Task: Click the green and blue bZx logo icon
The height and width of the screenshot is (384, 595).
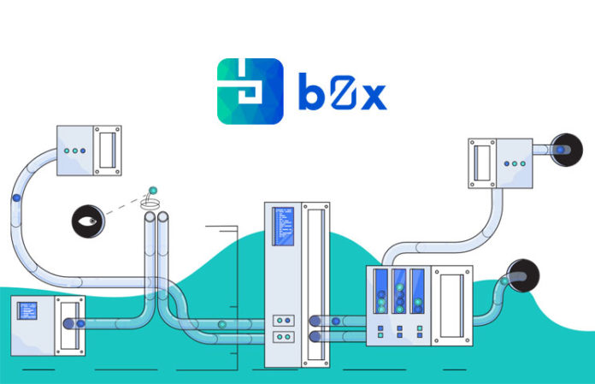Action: pyautogui.click(x=250, y=91)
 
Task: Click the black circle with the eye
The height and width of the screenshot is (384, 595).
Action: pyautogui.click(x=88, y=222)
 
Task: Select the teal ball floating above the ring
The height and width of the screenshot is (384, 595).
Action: pyautogui.click(x=153, y=190)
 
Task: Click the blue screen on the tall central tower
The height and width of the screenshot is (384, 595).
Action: pyautogui.click(x=283, y=227)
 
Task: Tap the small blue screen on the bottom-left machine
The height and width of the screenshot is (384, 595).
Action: pyautogui.click(x=27, y=310)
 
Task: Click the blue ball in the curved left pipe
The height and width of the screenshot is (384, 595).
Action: pyautogui.click(x=16, y=198)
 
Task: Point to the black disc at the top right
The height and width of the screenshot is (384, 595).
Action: pyautogui.click(x=567, y=150)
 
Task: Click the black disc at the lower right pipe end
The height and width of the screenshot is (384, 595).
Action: pyautogui.click(x=523, y=275)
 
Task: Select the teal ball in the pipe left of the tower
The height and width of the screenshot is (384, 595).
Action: pyautogui.click(x=222, y=324)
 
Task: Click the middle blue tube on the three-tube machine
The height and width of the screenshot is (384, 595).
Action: pyautogui.click(x=399, y=291)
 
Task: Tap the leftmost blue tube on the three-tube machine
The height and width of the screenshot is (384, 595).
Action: pyautogui.click(x=381, y=291)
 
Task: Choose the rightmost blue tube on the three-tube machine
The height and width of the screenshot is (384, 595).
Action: pyautogui.click(x=417, y=291)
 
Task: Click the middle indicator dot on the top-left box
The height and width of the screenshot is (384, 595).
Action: pyautogui.click(x=74, y=151)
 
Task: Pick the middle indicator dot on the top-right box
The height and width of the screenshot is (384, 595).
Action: pyautogui.click(x=515, y=163)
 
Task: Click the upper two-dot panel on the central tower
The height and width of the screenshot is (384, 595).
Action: pyautogui.click(x=284, y=321)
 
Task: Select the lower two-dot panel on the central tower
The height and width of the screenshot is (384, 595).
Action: pyautogui.click(x=284, y=337)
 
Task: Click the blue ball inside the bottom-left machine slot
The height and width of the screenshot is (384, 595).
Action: pyautogui.click(x=81, y=323)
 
